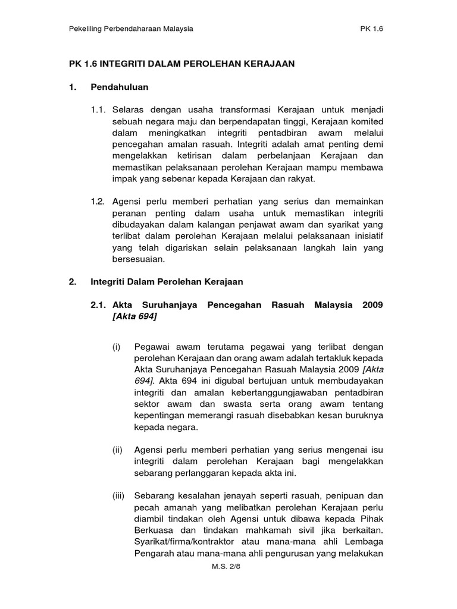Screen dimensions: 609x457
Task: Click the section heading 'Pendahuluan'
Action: point(119,87)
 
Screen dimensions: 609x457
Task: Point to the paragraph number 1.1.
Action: point(98,110)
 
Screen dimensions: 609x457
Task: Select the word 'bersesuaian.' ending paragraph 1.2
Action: point(138,259)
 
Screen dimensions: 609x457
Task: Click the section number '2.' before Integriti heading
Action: point(73,281)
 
